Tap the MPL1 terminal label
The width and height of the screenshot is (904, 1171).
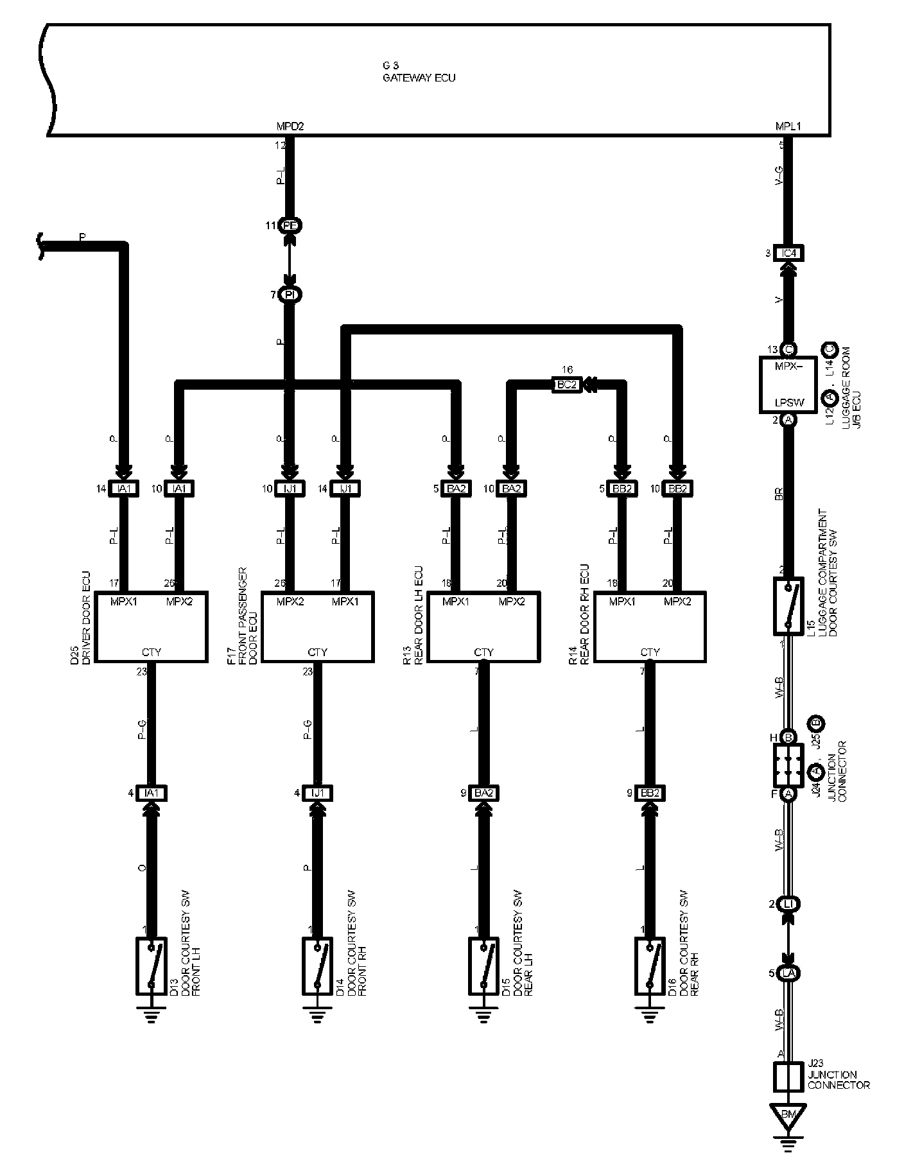pos(788,126)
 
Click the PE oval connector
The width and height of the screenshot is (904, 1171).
pos(290,226)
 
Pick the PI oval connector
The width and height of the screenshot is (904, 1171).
pos(290,295)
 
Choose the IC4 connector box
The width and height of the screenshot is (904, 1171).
pos(788,253)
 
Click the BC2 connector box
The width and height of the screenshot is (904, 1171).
pos(567,385)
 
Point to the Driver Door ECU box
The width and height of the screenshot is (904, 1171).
pos(152,627)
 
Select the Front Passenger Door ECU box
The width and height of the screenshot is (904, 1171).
pos(317,627)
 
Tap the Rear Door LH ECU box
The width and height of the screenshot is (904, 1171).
pos(483,627)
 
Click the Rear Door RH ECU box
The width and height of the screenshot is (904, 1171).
pos(650,627)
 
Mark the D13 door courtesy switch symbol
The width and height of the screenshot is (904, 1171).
pos(152,966)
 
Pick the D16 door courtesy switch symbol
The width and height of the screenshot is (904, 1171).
pos(650,966)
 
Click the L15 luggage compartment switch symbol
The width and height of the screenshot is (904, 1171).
pos(788,606)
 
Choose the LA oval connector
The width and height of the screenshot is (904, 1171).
pos(788,973)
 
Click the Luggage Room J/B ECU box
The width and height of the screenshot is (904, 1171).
pos(788,385)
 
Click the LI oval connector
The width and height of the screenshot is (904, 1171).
pos(788,905)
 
